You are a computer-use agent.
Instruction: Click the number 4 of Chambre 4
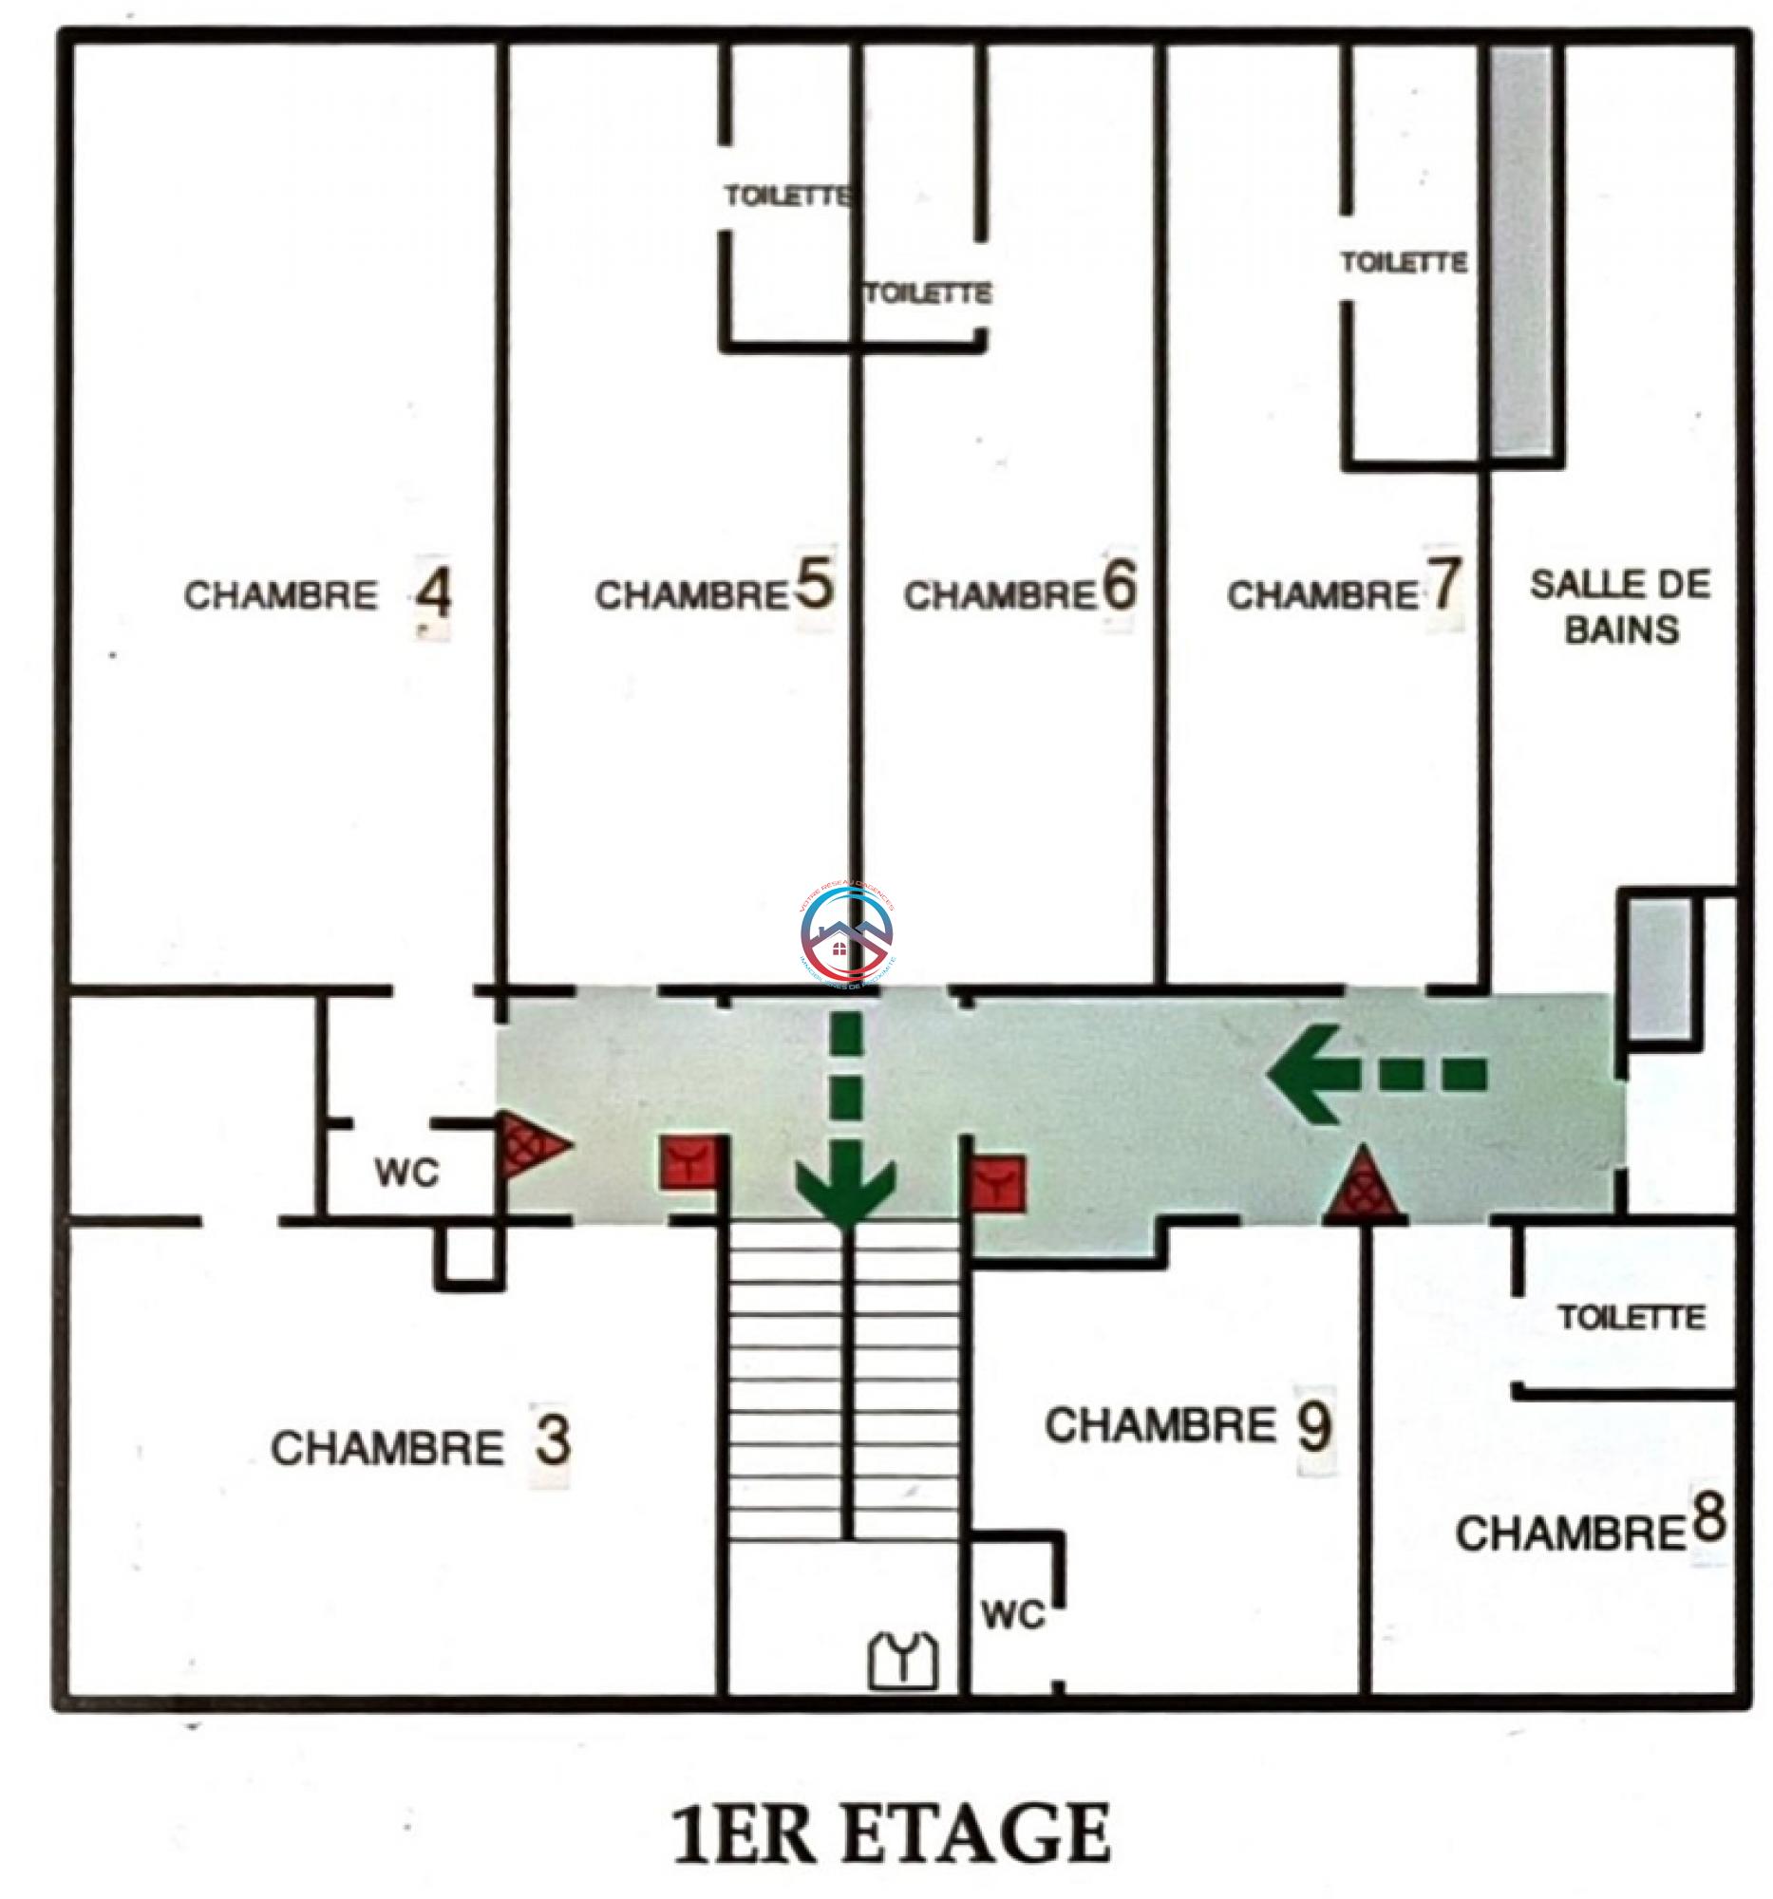pos(434,597)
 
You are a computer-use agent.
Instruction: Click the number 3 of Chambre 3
pos(552,1443)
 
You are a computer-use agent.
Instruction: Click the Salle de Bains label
pos(1620,608)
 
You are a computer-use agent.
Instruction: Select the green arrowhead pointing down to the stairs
pos(846,1191)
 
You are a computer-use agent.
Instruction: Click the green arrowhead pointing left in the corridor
pos(1301,1074)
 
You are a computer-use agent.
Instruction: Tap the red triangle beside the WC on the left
pos(531,1144)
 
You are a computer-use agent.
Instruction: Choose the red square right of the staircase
pos(998,1184)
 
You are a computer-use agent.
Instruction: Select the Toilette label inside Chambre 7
pos(1404,262)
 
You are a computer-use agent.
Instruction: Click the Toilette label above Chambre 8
pos(1632,1318)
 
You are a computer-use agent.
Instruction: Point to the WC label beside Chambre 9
pos(1012,1615)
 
